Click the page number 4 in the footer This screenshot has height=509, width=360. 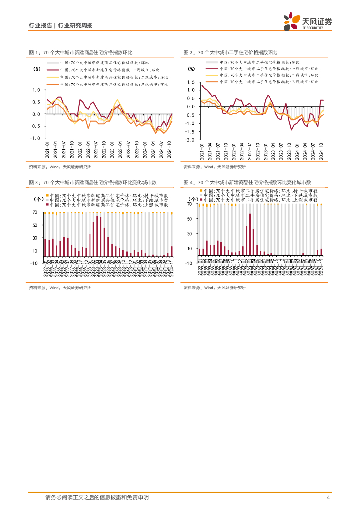[x=328, y=498]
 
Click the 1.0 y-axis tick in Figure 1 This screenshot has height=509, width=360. [x=35, y=90]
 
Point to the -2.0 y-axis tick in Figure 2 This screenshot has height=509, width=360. [x=190, y=140]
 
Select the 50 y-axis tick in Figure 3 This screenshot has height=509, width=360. [x=34, y=225]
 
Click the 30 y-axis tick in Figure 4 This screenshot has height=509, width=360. [x=189, y=234]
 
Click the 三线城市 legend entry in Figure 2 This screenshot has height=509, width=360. [x=264, y=81]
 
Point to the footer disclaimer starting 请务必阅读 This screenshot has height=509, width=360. [x=96, y=498]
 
